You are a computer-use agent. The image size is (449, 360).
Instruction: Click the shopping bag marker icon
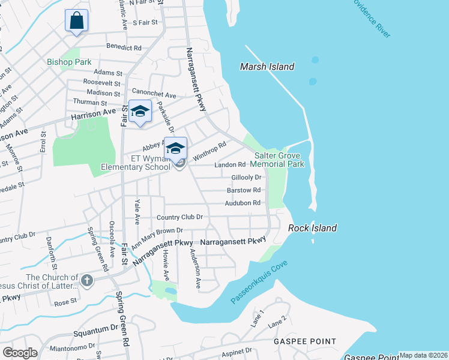[77, 21]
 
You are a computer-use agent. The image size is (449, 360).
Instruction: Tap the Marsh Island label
[267, 67]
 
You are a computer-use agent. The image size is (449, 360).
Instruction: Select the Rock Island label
[312, 228]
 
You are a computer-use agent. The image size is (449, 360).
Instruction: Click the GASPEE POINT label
[305, 341]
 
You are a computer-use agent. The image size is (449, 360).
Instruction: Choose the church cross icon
[87, 280]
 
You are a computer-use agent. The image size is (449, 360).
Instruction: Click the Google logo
[20, 353]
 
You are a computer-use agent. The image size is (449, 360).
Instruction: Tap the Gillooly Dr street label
[247, 178]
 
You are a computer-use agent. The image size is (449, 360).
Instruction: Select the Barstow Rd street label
[244, 190]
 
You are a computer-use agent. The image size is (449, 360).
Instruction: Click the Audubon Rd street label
[243, 203]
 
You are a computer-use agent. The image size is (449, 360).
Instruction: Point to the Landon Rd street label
[231, 164]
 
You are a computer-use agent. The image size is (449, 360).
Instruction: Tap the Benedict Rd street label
[124, 47]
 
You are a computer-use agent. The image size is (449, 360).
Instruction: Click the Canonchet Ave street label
[154, 95]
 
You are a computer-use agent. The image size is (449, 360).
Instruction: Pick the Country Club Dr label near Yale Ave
[179, 217]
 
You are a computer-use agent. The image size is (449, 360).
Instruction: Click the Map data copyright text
[423, 355]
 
